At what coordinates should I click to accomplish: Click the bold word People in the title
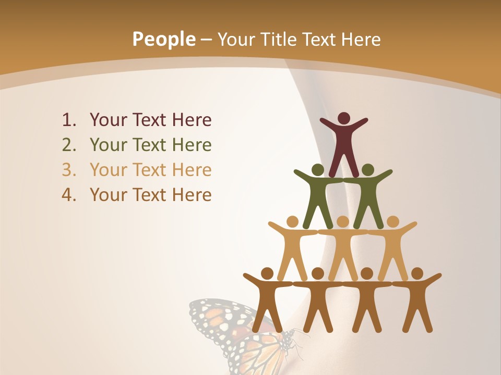(163, 39)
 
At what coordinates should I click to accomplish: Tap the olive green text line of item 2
(150, 145)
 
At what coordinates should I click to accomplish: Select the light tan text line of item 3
(150, 170)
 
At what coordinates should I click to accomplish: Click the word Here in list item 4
(192, 195)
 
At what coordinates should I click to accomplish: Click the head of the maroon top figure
(343, 118)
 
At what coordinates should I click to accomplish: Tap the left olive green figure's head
(317, 170)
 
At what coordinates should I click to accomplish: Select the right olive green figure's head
(368, 170)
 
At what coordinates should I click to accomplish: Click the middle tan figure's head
(343, 222)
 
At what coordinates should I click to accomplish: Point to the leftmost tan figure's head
(293, 222)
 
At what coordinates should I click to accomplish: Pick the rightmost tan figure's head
(392, 222)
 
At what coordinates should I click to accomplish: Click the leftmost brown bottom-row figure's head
(267, 273)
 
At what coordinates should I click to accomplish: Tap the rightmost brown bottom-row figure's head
(417, 273)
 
